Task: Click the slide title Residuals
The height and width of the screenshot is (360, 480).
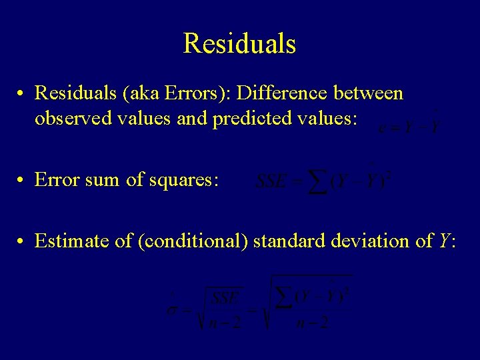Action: pyautogui.click(x=239, y=44)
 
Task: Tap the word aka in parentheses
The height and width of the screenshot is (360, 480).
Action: pyautogui.click(x=140, y=93)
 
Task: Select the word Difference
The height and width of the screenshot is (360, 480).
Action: pyautogui.click(x=279, y=93)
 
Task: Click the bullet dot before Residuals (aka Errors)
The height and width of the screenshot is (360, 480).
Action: pyautogui.click(x=22, y=94)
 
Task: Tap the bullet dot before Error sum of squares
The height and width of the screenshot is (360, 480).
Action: pyautogui.click(x=22, y=180)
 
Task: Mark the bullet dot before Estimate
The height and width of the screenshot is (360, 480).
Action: pyautogui.click(x=22, y=241)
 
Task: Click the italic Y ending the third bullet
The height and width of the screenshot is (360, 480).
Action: pyautogui.click(x=443, y=241)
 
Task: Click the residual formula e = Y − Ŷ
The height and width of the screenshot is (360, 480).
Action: pyautogui.click(x=408, y=125)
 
